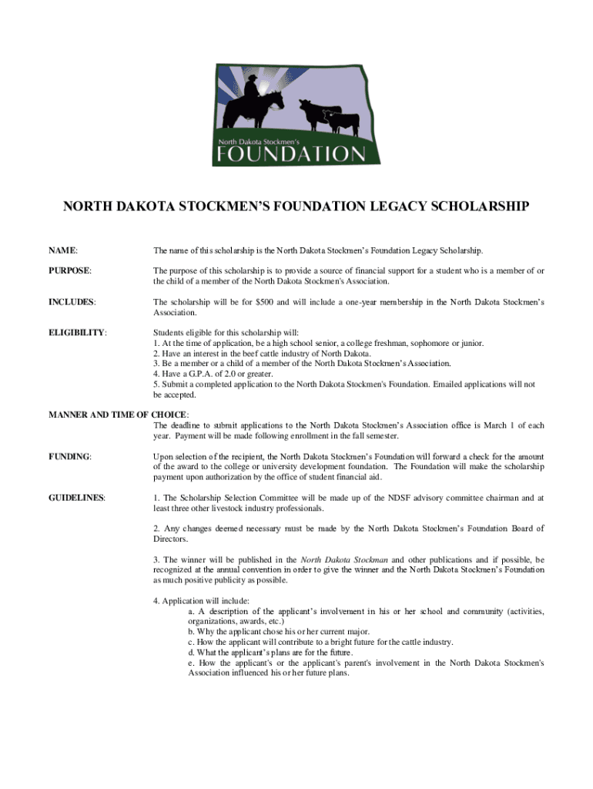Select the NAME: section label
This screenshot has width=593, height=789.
[64, 250]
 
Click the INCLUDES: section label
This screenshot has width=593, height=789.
[72, 301]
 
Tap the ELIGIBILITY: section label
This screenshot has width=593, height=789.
[78, 332]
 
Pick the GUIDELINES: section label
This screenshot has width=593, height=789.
[77, 498]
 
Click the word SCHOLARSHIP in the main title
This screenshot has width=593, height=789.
[480, 206]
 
